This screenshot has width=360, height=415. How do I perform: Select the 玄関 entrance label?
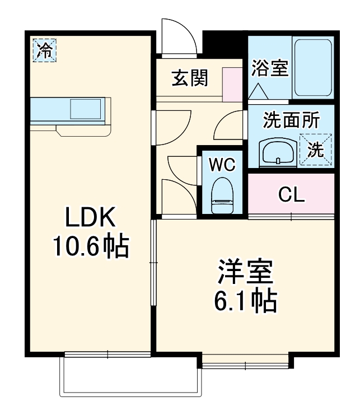click(189, 79)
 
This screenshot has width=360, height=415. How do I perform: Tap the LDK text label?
click(90, 217)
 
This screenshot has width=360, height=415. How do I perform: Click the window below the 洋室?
click(245, 365)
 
